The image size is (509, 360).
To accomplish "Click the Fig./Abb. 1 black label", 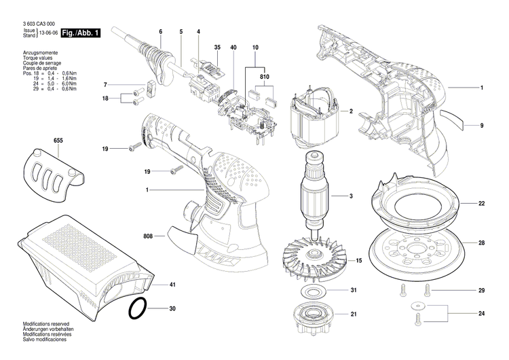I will (80, 33).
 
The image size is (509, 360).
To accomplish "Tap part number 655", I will (58, 141).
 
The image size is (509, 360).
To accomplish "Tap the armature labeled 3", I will (316, 197).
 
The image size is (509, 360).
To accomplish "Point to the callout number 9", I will (481, 126).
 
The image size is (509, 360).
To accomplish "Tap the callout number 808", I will (148, 237).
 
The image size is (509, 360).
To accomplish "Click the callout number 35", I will (217, 47).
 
